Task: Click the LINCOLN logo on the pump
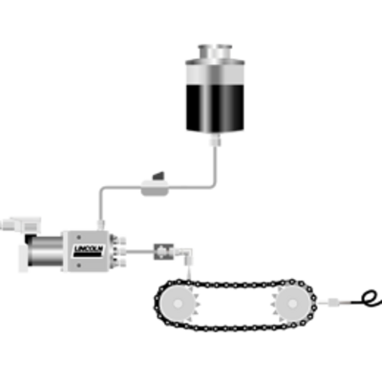(89, 251)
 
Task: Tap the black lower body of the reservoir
(215, 107)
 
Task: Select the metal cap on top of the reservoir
(215, 52)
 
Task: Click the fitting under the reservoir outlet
(215, 139)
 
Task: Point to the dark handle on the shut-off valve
(159, 176)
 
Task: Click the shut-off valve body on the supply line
(155, 188)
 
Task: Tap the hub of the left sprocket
(178, 304)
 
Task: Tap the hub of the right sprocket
(292, 304)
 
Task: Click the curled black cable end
(371, 299)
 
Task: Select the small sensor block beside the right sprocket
(333, 302)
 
